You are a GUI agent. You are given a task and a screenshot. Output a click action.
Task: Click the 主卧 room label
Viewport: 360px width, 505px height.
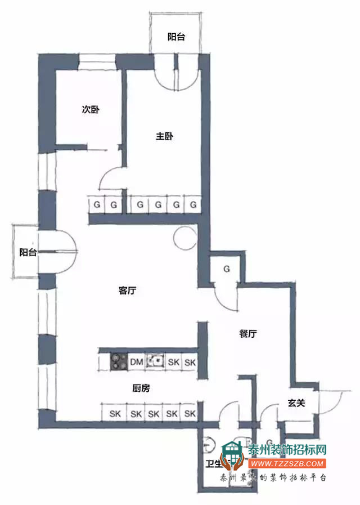[164, 136]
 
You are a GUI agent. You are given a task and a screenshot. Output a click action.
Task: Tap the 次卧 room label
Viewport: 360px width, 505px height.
[91, 110]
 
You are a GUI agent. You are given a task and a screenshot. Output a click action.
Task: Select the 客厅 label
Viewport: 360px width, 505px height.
[128, 291]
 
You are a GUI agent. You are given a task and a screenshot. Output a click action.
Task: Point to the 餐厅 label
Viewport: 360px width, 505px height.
[247, 333]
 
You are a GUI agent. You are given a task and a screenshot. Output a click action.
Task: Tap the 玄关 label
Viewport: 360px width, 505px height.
[296, 403]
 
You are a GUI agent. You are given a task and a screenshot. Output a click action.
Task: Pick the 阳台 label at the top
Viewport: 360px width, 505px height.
[176, 37]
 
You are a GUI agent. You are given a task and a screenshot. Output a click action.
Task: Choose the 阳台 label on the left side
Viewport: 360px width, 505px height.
[28, 253]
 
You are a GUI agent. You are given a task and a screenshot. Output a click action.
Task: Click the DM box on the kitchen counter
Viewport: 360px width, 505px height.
[136, 362]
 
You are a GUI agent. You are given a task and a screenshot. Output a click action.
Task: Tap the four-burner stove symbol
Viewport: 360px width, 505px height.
[119, 361]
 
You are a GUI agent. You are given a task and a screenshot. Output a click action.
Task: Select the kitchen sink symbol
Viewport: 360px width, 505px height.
[155, 361]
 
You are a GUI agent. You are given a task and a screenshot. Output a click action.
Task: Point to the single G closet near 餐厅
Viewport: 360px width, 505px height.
[227, 270]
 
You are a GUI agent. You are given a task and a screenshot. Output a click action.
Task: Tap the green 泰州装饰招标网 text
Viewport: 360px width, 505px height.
[287, 450]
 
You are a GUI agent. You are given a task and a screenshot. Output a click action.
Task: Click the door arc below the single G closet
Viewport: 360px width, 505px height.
[228, 298]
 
